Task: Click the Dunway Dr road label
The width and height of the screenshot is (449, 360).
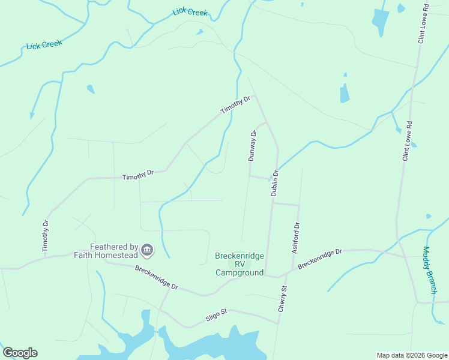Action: [253, 146]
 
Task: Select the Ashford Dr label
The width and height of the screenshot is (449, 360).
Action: [295, 238]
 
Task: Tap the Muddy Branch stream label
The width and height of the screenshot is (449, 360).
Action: [430, 270]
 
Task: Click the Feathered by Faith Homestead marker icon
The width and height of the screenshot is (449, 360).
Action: [148, 250]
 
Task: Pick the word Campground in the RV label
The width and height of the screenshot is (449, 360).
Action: [240, 272]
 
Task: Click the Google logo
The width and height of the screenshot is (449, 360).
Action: [20, 353]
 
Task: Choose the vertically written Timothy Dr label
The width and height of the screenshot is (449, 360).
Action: [45, 236]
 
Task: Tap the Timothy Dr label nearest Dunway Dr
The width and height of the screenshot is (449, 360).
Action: [235, 106]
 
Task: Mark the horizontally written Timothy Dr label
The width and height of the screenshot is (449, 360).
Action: [138, 175]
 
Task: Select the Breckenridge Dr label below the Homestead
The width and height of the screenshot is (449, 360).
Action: [157, 278]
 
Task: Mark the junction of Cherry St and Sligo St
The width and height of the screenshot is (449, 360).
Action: [279, 323]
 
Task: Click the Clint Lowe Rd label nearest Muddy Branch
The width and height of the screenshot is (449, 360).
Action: [408, 142]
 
